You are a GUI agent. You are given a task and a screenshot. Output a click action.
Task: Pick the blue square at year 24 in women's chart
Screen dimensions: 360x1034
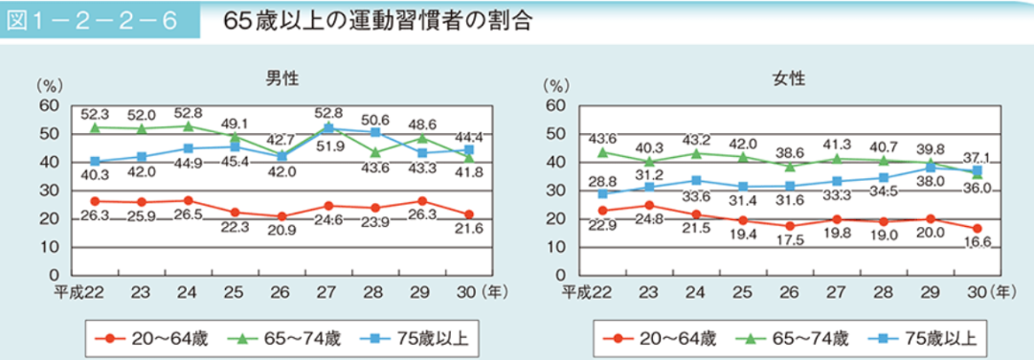695,180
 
